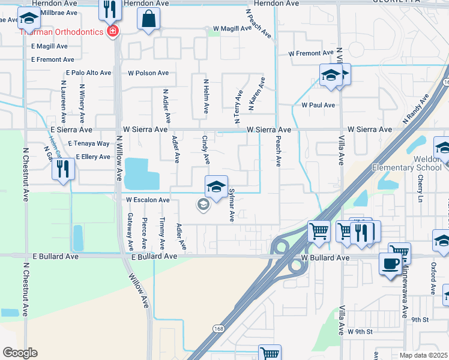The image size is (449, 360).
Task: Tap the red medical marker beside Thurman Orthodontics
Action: pyautogui.click(x=112, y=31)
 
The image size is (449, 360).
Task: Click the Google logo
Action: pyautogui.click(x=20, y=353)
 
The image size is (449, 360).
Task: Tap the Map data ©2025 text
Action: pyautogui.click(x=424, y=355)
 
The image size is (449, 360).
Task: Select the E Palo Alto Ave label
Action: pyautogui.click(x=89, y=73)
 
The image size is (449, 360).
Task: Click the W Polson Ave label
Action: pyautogui.click(x=148, y=73)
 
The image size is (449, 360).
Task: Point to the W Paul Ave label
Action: pyautogui.click(x=318, y=104)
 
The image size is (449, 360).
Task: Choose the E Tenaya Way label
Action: pyautogui.click(x=89, y=144)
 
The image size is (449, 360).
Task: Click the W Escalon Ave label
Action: pyautogui.click(x=148, y=200)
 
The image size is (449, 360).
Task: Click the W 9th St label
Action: pyautogui.click(x=360, y=331)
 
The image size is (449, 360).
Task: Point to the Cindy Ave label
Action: pyautogui.click(x=205, y=149)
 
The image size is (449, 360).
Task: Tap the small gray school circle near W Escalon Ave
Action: pyautogui.click(x=203, y=205)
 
